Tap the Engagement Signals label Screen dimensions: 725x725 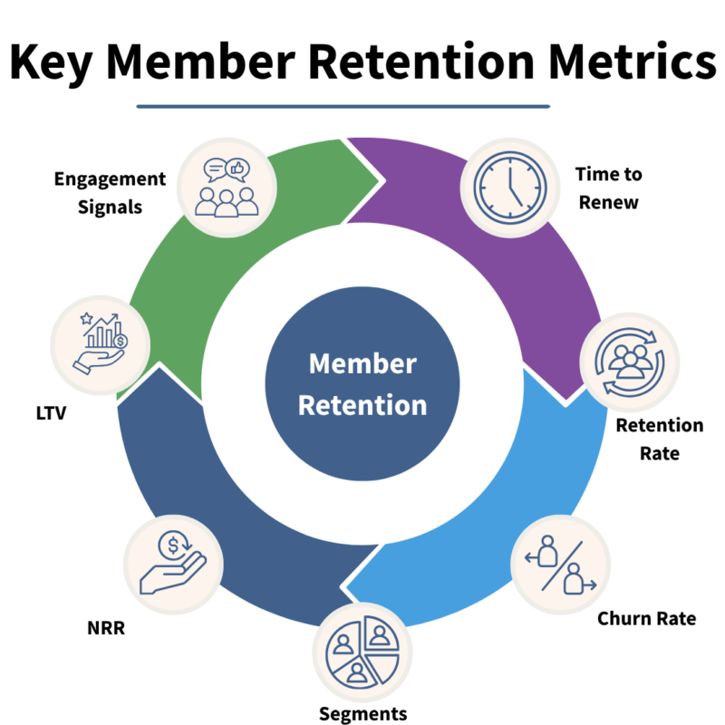point(111,192)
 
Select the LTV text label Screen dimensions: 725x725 point(45,412)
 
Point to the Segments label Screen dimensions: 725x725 point(362,713)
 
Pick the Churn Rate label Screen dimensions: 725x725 point(646,619)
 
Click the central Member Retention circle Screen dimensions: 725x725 point(362,385)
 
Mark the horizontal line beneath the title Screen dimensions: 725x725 point(343,107)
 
